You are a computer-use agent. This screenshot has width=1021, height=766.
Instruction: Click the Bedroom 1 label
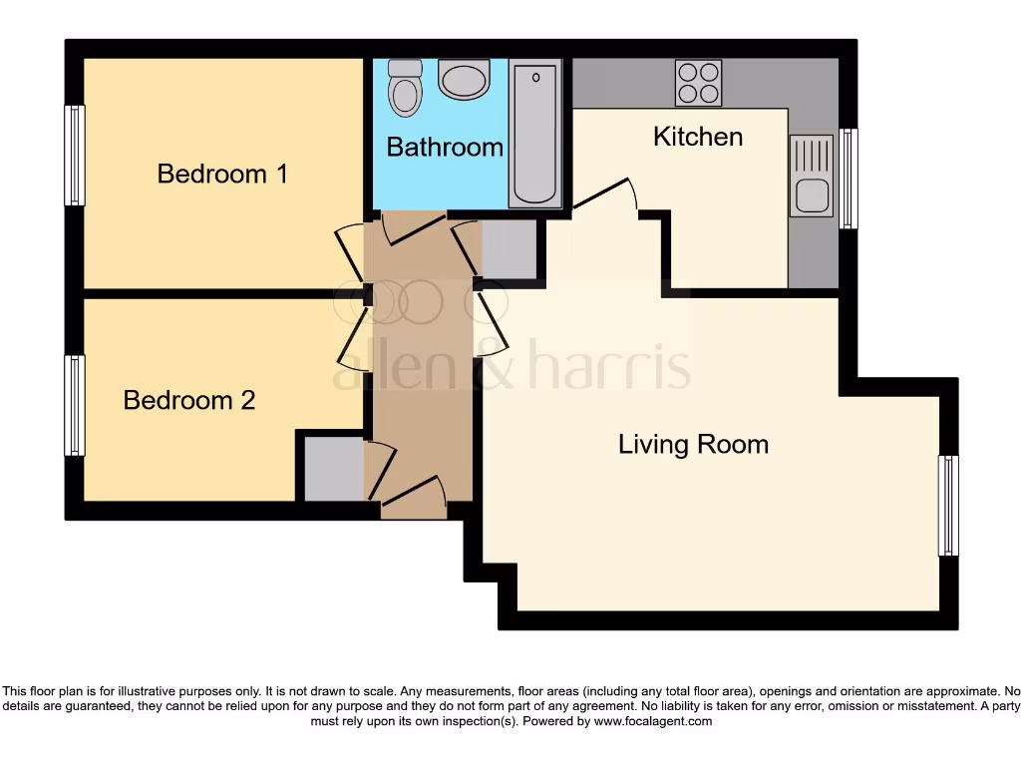point(222,174)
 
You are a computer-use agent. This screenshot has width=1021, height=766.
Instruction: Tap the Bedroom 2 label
point(189,400)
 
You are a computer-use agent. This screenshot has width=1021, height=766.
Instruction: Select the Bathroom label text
point(445,147)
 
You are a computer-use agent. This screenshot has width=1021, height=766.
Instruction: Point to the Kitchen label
point(698,136)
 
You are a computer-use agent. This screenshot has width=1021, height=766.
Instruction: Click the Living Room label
point(693,444)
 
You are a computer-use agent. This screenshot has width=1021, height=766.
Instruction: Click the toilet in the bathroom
point(405,88)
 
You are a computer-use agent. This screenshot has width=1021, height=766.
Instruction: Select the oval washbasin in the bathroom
point(464,79)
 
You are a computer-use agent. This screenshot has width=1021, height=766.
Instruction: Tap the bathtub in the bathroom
point(535,133)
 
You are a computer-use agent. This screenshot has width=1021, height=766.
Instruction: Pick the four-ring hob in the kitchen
point(698,83)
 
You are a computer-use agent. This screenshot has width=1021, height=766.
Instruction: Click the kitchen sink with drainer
point(811,177)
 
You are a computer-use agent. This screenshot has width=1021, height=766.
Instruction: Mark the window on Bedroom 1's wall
point(75,156)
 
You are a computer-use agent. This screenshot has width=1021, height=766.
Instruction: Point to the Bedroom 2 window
point(75,405)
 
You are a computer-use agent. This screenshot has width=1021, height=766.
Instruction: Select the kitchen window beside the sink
point(848,179)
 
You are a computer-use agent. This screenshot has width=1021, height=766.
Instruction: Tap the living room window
point(947,506)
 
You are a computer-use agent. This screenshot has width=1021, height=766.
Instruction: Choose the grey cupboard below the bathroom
point(509,248)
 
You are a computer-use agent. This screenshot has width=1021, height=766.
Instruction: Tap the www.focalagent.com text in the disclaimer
point(653,721)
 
